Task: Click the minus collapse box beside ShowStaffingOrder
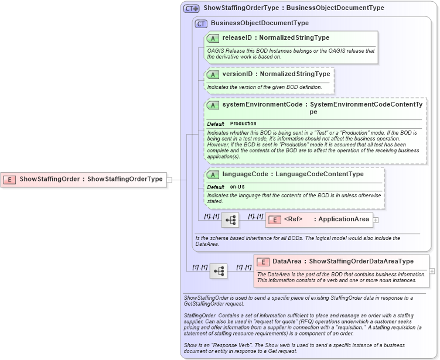click(x=169, y=180)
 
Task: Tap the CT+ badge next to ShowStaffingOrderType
click(x=192, y=8)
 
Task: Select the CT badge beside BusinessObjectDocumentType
click(x=201, y=23)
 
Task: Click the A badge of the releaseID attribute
click(x=213, y=38)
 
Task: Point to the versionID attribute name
click(x=238, y=74)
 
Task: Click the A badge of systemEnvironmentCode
click(x=213, y=105)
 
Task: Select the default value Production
click(x=243, y=124)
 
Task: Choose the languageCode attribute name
click(x=245, y=174)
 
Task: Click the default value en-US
click(x=237, y=186)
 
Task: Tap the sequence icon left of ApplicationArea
click(x=230, y=220)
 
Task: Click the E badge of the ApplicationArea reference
click(x=274, y=220)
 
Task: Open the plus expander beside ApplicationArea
click(x=376, y=220)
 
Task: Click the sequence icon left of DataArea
click(x=219, y=271)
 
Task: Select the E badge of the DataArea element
click(x=262, y=262)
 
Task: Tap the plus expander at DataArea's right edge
click(x=432, y=271)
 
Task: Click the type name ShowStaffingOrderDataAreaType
click(x=361, y=262)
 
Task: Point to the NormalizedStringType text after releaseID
click(x=295, y=38)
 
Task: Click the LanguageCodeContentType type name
click(x=319, y=174)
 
